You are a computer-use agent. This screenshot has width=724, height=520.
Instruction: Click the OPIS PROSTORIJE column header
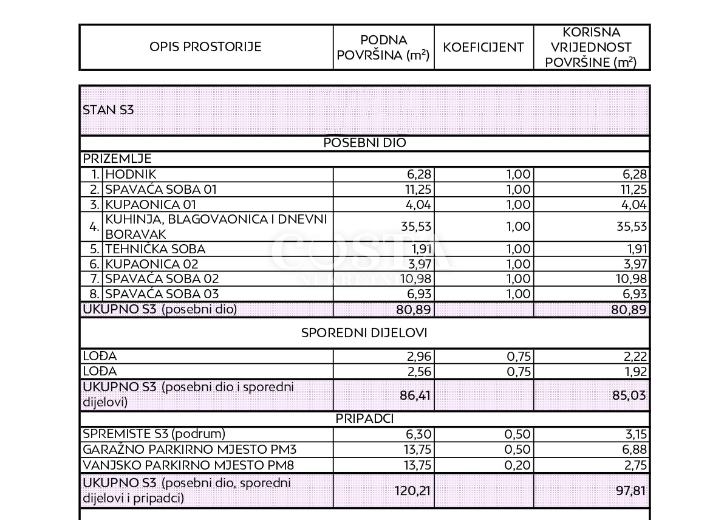click(x=205, y=47)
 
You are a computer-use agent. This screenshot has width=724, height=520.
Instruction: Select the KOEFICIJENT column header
click(x=483, y=47)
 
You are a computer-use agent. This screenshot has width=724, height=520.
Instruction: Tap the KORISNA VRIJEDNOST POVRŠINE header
click(x=591, y=47)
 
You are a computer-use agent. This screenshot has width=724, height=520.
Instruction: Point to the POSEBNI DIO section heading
click(x=364, y=143)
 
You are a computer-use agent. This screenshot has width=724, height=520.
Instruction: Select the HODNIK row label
click(x=131, y=174)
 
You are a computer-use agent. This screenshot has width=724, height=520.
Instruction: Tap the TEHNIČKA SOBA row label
click(x=155, y=249)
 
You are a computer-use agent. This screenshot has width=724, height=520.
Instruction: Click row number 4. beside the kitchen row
click(x=94, y=227)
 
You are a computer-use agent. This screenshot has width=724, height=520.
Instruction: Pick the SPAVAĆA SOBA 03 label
click(x=162, y=294)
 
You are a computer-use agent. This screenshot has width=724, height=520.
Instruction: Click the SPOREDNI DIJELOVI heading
click(x=364, y=333)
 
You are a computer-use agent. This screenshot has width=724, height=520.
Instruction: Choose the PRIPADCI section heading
click(x=364, y=419)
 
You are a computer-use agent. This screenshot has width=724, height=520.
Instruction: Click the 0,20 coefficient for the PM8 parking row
click(x=518, y=465)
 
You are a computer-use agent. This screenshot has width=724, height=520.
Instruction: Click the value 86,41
click(x=416, y=395)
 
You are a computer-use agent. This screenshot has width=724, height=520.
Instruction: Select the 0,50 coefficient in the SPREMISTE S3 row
click(x=518, y=434)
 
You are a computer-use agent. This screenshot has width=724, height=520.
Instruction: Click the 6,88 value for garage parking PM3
click(x=634, y=450)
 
